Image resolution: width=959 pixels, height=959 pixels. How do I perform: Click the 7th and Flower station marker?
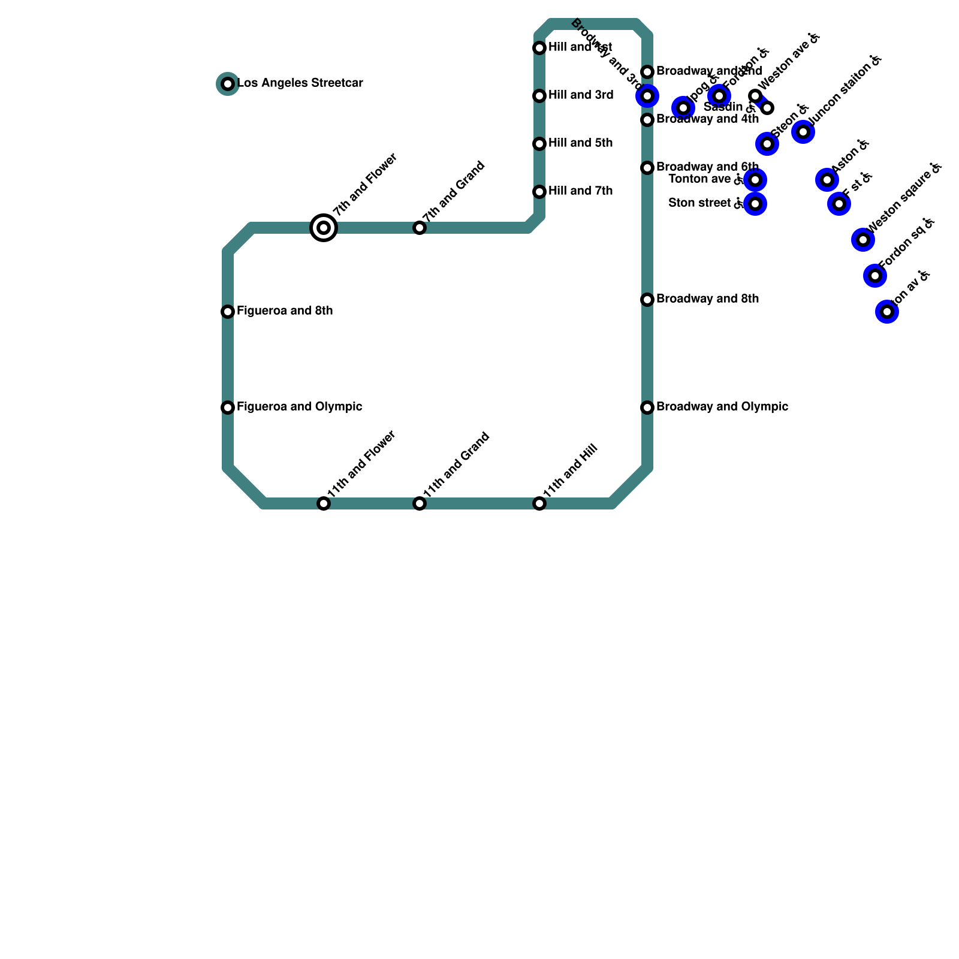(x=324, y=228)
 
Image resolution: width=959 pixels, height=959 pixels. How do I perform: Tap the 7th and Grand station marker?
(x=420, y=228)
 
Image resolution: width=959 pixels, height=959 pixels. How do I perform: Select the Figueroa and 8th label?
(x=285, y=311)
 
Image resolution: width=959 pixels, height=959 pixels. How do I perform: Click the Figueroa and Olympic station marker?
(x=228, y=408)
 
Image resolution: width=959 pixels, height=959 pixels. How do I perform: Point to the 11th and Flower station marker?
(x=324, y=503)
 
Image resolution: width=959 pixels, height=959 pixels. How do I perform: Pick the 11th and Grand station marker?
(x=420, y=503)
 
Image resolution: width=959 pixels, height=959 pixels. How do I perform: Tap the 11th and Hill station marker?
(x=539, y=503)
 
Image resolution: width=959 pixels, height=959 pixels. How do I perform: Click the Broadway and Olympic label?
(x=722, y=407)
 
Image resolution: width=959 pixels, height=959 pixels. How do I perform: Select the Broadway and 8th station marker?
(x=647, y=300)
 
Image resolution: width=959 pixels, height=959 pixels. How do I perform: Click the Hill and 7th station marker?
(x=539, y=192)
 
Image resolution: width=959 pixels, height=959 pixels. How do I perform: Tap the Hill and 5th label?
(x=580, y=143)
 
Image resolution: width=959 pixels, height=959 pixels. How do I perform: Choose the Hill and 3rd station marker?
(x=539, y=96)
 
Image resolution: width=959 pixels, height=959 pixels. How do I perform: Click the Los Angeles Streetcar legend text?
(x=300, y=83)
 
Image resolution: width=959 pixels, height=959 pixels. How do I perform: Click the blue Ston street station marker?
(x=755, y=204)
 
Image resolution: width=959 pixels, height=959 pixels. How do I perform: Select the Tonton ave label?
(x=699, y=179)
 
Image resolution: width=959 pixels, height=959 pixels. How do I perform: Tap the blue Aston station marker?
(x=827, y=180)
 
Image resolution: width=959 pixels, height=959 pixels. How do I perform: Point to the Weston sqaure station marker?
(x=863, y=240)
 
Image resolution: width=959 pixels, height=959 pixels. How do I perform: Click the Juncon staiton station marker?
(x=803, y=132)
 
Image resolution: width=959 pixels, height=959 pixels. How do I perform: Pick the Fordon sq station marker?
(x=875, y=276)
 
